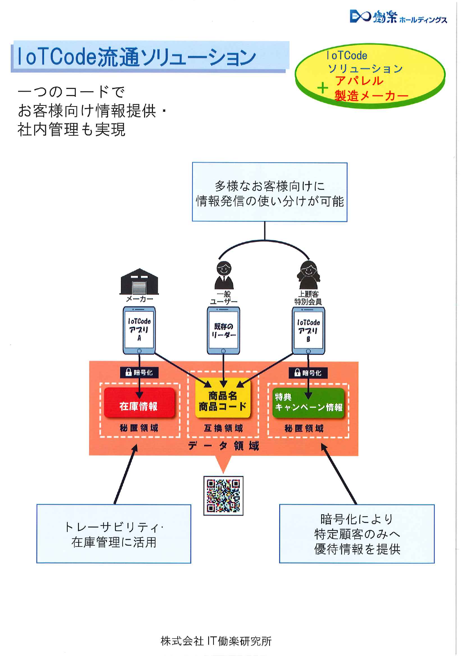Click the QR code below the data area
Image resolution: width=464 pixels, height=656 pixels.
[x=223, y=496]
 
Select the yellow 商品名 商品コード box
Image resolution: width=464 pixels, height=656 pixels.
[x=223, y=401]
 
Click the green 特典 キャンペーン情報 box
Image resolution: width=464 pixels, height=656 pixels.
[x=308, y=403]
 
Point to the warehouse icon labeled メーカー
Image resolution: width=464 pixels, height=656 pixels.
[x=139, y=282]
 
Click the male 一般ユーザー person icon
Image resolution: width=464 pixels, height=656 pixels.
[x=224, y=275]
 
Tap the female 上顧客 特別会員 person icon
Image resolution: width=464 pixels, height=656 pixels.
[x=308, y=275]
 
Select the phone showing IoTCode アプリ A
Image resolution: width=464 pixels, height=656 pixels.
[x=139, y=330]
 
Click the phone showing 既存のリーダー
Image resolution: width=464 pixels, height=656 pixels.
[x=223, y=330]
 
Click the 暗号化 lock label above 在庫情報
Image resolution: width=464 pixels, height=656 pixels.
[x=139, y=372]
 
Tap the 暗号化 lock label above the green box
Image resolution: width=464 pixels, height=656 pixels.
[x=308, y=373]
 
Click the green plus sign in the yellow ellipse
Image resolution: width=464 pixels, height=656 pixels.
[x=322, y=88]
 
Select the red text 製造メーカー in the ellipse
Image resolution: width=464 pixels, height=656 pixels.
[x=371, y=96]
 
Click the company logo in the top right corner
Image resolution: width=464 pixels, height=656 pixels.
[x=398, y=17]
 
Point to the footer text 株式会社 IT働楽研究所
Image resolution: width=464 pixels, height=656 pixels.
[x=216, y=641]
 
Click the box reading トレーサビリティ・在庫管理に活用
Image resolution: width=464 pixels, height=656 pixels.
[x=114, y=534]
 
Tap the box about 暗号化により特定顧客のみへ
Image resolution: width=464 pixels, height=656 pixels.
[x=357, y=534]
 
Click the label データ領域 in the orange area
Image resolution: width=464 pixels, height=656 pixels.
[x=223, y=446]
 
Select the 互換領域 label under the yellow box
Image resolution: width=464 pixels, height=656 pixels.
[x=223, y=428]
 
